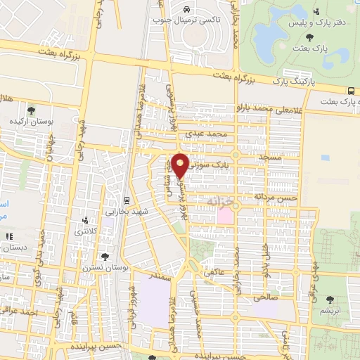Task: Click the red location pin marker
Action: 180,165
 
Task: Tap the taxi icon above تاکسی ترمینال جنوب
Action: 186,10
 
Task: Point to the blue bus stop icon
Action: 351,91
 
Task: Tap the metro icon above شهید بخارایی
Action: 126,199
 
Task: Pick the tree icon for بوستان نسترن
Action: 105,257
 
